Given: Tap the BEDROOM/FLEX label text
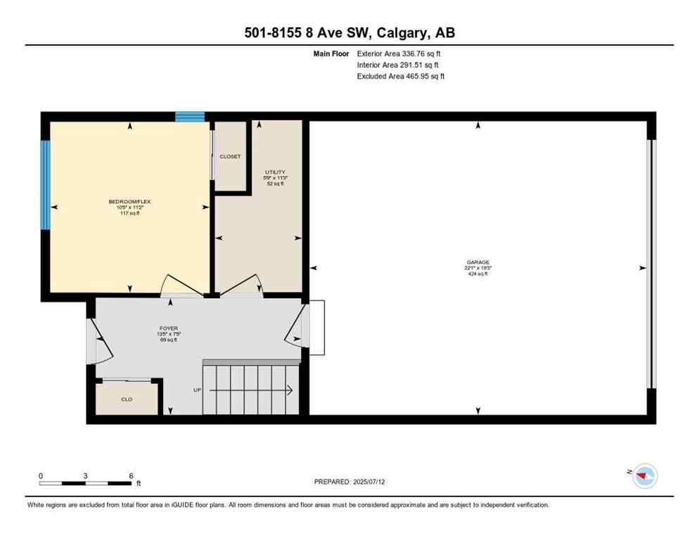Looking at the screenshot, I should point(129,202).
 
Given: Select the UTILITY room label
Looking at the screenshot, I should point(274,172).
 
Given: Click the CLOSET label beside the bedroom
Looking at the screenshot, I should point(230,157).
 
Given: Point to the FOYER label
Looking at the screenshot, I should point(168,328).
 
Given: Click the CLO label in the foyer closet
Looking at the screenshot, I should point(127,399).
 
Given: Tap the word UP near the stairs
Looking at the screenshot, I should point(198,390).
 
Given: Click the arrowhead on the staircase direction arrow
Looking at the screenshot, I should point(290,390).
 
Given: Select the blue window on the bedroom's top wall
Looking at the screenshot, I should point(190,117).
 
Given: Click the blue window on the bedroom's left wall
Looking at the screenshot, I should point(45,185).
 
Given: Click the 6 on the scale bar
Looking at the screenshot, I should point(131,476).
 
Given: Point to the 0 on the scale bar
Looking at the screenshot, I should point(41,476).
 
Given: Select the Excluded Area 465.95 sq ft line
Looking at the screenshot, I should point(400,76).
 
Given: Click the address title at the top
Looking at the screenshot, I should point(349,32).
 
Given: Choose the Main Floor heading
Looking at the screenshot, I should point(333,53).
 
